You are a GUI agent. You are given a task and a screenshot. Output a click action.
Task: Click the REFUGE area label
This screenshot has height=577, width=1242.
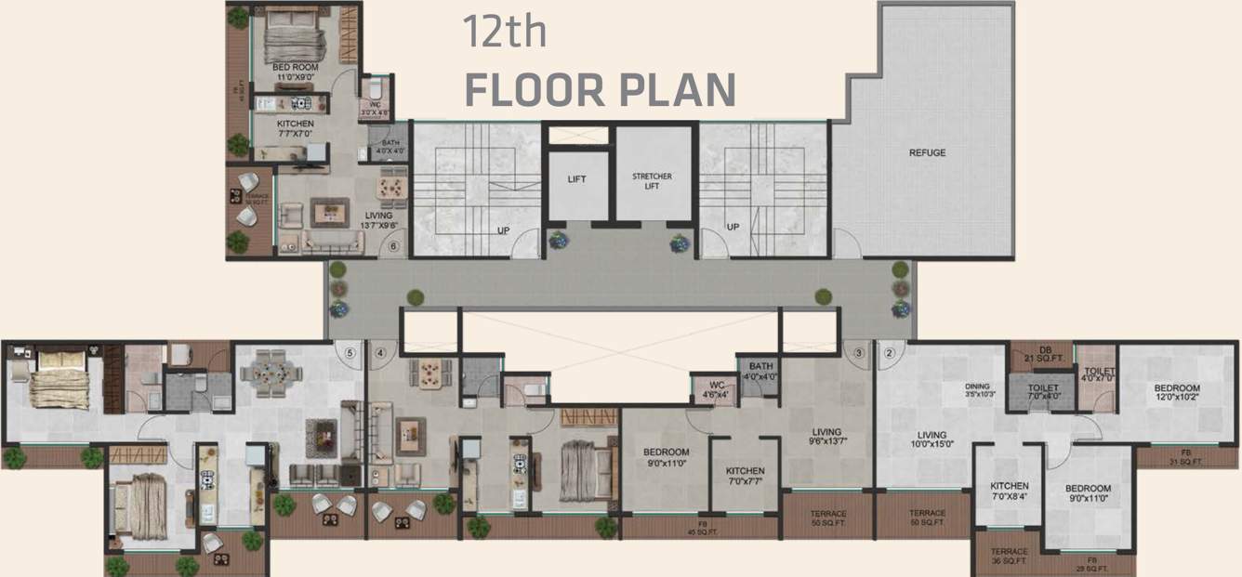[927, 152]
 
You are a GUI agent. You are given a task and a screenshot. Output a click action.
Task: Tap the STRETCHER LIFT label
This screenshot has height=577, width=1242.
[652, 181]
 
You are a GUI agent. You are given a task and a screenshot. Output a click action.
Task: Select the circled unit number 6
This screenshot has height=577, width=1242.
[393, 247]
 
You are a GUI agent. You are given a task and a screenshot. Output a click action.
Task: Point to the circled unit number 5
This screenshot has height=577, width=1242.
[350, 352]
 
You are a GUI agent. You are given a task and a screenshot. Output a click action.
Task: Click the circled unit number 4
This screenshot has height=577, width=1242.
[379, 352]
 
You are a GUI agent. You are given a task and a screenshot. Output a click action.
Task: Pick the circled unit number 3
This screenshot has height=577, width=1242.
[859, 352]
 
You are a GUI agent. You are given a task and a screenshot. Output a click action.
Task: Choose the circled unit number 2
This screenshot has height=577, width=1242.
[889, 352]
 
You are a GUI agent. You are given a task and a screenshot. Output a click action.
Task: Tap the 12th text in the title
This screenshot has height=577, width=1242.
[505, 33]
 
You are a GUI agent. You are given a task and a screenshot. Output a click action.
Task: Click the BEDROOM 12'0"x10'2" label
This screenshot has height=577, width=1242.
[1177, 393]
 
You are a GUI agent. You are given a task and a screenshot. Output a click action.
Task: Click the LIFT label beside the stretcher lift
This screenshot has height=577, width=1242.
[576, 180]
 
